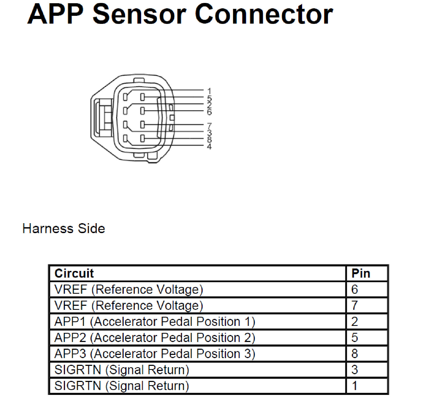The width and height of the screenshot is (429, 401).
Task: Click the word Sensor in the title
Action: point(139,14)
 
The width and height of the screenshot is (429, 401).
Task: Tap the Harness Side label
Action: point(64,229)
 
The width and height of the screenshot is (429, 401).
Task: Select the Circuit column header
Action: point(74,273)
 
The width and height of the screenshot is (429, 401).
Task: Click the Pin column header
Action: point(361,273)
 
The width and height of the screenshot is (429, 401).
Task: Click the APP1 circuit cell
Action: point(155,322)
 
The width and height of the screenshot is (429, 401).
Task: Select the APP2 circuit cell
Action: point(155,338)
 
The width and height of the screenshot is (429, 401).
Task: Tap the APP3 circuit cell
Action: point(155,354)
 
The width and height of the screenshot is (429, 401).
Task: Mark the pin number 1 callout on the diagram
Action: point(209,91)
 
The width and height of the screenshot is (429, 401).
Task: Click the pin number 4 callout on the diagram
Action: point(209,146)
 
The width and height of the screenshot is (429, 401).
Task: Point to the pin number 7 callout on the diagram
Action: point(209,126)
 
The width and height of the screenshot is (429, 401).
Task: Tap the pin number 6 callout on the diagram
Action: point(209,112)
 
